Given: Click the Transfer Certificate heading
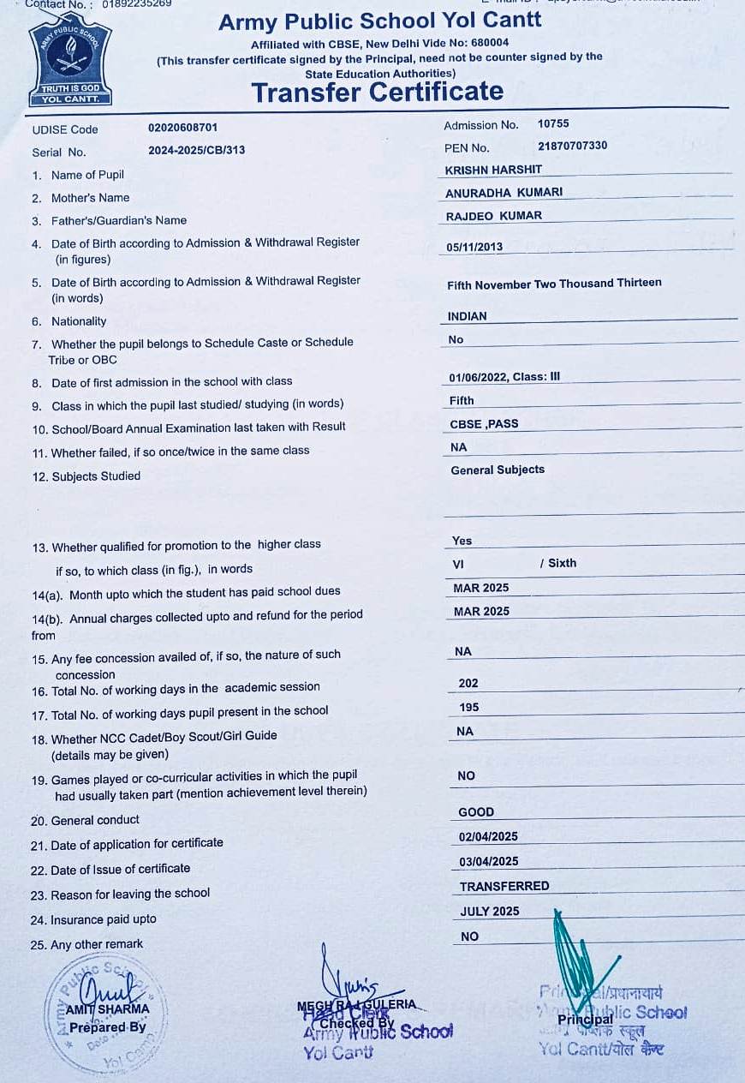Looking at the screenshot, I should (x=377, y=92).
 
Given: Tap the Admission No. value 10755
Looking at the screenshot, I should (x=553, y=124).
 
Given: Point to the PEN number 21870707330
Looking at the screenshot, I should (x=572, y=146).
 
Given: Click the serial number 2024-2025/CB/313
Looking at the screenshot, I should (x=196, y=150).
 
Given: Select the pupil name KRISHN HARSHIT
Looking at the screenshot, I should (x=493, y=170).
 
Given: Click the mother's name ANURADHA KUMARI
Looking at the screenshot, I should (x=504, y=193).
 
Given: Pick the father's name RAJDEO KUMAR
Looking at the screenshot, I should (x=493, y=216).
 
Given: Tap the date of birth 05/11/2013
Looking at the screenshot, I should (x=474, y=247).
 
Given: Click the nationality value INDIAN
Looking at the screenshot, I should (x=467, y=316).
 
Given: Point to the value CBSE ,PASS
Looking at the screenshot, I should (x=484, y=423).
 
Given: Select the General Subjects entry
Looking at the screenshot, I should (x=498, y=470).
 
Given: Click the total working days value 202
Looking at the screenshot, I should (x=468, y=683).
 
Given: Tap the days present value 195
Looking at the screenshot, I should (x=468, y=707).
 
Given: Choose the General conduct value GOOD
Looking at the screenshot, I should (x=476, y=811).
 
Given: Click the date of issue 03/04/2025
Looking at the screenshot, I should (x=488, y=861).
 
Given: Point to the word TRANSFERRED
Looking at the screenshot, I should (x=504, y=886).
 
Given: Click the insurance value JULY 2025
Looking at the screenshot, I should (x=490, y=911).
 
